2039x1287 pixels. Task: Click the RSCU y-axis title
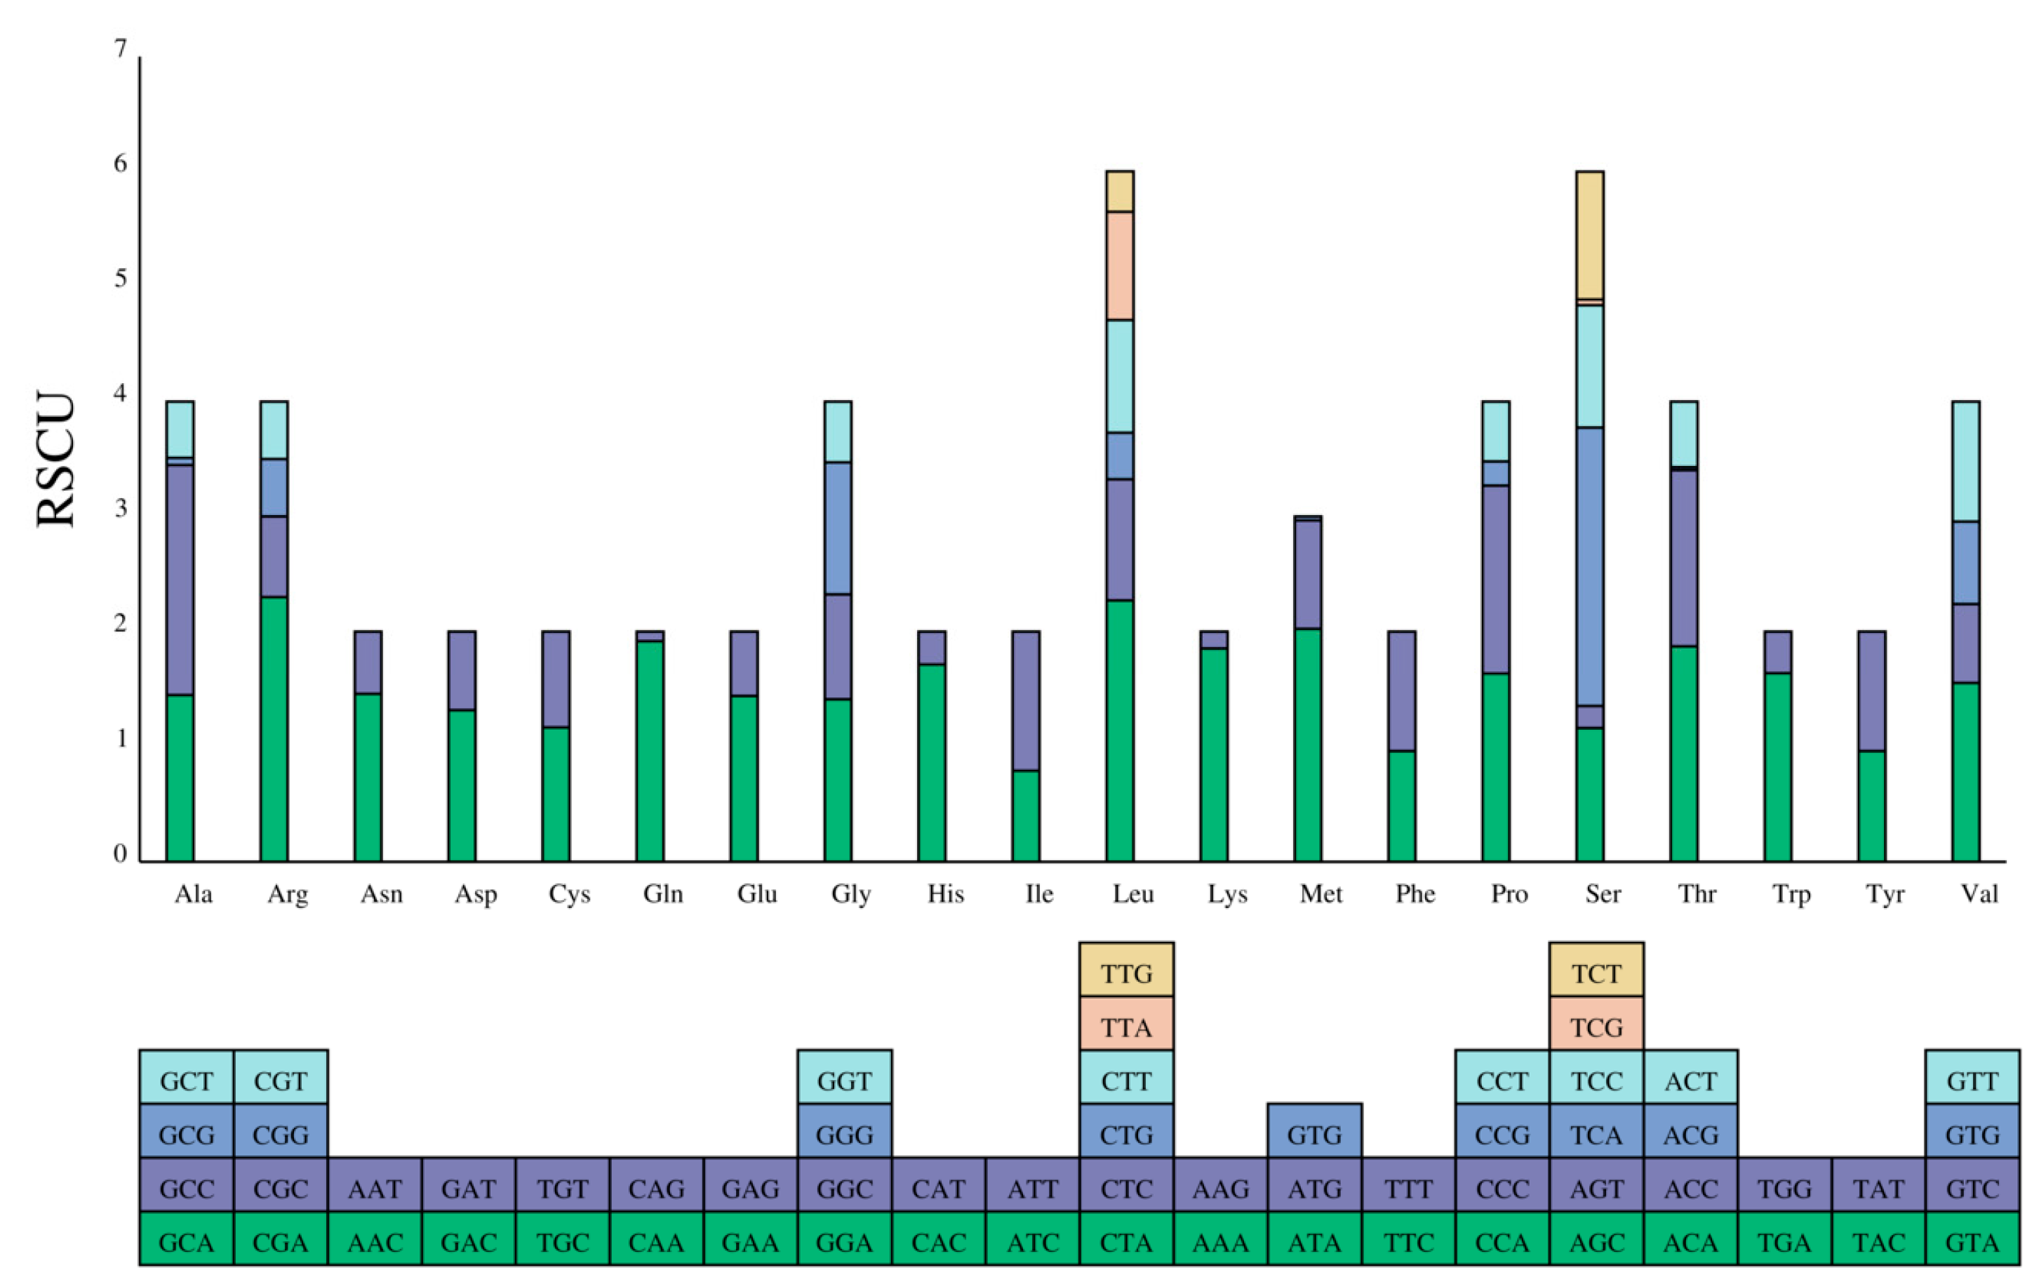coord(56,459)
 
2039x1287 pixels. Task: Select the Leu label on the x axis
coord(1133,894)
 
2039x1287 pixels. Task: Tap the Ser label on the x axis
coord(1603,894)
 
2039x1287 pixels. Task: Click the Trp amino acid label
coord(1791,894)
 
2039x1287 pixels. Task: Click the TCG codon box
coord(1596,1027)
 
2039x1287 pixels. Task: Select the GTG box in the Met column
coord(1314,1135)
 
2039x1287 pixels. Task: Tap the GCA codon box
coord(186,1242)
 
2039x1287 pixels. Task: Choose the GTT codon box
coord(1972,1081)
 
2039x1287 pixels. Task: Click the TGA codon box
coord(1784,1242)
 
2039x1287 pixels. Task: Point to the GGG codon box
coord(844,1135)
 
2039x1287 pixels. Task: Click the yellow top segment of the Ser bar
coord(1589,234)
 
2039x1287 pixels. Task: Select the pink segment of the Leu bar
coord(1119,265)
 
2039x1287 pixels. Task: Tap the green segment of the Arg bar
coord(274,728)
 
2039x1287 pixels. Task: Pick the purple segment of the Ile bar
coord(1025,700)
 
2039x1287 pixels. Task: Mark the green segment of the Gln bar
coord(650,750)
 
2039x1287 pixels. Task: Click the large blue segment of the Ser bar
coord(1589,566)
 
